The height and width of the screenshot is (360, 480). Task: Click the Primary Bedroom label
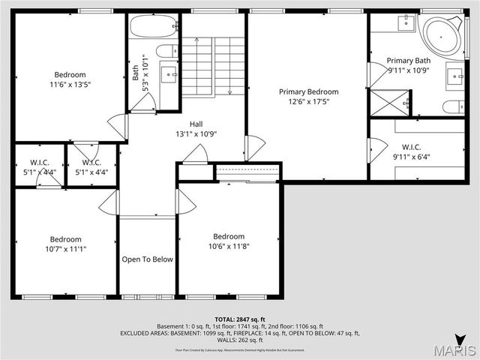[x=308, y=91]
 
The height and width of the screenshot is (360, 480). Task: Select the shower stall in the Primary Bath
[x=390, y=100]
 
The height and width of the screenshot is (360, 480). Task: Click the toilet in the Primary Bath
[x=453, y=106]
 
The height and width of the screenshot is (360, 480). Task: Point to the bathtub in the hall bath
[x=152, y=28]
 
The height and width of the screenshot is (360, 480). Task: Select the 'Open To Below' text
[x=147, y=259]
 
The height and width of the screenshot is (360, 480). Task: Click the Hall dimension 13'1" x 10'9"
[x=196, y=134]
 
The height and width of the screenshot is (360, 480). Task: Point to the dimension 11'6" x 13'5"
[x=70, y=85]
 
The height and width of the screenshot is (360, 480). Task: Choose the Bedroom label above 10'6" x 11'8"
[x=229, y=235]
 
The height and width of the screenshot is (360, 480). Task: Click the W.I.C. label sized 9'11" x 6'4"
[x=415, y=147]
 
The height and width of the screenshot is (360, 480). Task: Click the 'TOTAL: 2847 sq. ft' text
[x=240, y=319]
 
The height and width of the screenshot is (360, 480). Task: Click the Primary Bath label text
[x=409, y=60]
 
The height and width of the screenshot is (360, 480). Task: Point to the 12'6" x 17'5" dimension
[x=308, y=101]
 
